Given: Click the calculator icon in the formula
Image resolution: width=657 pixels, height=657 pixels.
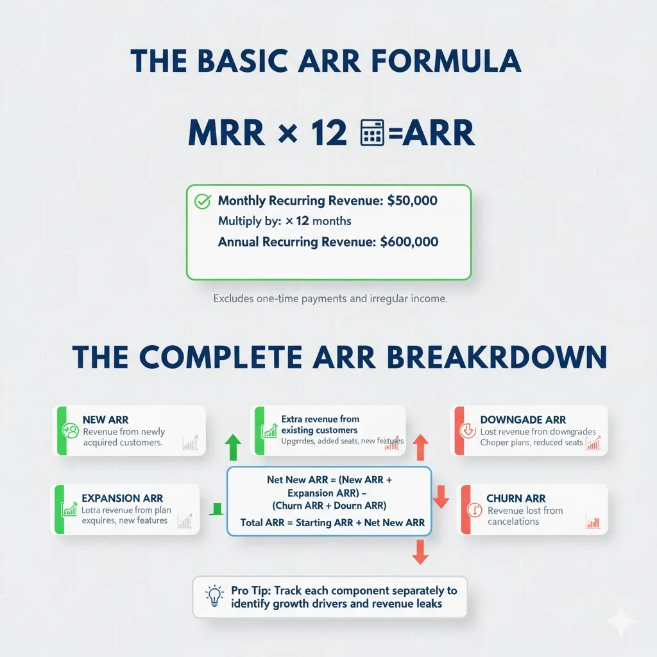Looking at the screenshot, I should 372,133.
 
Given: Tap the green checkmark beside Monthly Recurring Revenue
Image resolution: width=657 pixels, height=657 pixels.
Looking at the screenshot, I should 202,201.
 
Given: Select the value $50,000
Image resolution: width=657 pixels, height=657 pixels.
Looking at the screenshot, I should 413,201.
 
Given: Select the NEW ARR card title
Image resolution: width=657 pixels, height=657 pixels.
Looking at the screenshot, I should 105,420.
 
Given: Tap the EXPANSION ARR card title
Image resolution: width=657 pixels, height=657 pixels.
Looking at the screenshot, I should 122,498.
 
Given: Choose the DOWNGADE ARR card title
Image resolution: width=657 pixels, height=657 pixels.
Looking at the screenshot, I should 523,420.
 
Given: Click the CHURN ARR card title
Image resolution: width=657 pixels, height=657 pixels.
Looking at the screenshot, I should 516,498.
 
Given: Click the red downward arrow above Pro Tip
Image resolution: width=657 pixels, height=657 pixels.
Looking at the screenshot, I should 420,551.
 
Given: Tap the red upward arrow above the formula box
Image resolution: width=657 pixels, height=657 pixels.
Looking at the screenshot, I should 420,446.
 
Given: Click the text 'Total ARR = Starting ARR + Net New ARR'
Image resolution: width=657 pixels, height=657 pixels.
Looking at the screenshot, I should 332,522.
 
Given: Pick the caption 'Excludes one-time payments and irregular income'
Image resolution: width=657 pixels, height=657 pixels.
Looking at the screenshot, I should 330,298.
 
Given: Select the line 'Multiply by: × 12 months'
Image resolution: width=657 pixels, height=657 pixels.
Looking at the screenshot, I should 284,221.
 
